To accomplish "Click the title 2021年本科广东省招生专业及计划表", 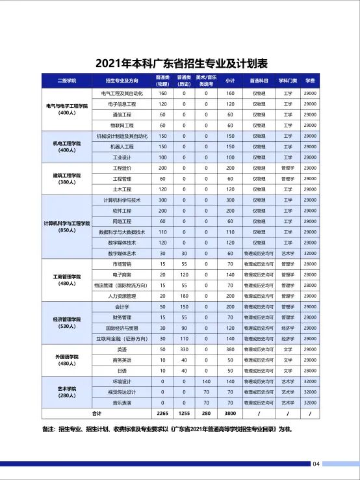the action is coord(181,63).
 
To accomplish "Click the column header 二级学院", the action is coord(67,81).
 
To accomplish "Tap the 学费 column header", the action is coord(310,81).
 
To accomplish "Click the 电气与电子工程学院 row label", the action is coord(67,109).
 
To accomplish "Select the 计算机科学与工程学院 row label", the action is coord(67,226).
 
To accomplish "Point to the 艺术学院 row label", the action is coord(67,392).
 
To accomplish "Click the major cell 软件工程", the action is coord(122,211).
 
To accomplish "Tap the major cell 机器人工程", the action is coord(122,146).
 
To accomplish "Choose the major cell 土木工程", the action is coord(122,189).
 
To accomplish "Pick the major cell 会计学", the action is coord(122,306).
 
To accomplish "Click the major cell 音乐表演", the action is coord(122,403).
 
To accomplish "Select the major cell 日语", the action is coord(122,371).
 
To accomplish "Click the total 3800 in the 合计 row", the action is coord(230,414).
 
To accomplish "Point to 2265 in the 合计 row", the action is coord(162,414).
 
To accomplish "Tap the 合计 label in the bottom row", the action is coord(97,414).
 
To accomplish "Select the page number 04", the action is coord(316,464).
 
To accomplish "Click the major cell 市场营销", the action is coord(122,264).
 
